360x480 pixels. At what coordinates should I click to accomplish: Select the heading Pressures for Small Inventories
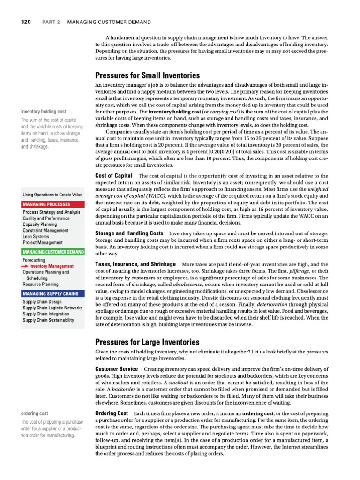tap(147, 75)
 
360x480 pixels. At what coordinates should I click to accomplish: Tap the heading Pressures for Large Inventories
tap(147, 342)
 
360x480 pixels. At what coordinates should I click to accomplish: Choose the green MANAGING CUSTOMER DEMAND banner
tap(53, 252)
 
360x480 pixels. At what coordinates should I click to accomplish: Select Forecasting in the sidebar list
tap(34, 260)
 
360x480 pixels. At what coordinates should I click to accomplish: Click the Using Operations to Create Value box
tap(52, 195)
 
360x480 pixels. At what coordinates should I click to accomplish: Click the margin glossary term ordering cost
tap(34, 413)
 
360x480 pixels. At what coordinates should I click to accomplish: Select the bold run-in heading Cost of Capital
tap(113, 175)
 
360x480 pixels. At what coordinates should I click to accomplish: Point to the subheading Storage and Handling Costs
tap(129, 233)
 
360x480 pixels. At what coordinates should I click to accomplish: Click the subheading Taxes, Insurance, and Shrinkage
tap(135, 264)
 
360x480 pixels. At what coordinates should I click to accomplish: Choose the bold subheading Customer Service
tap(116, 369)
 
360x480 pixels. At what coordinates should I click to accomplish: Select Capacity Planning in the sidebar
tap(42, 224)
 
